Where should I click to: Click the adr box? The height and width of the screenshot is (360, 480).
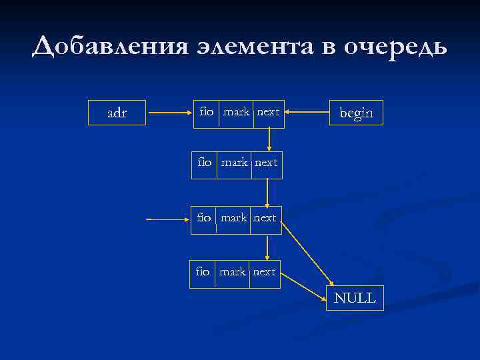pyautogui.click(x=117, y=113)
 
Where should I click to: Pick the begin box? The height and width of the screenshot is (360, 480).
pyautogui.click(x=357, y=113)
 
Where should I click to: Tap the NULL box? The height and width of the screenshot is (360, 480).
pyautogui.click(x=355, y=298)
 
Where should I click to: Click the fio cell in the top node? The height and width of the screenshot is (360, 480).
pyautogui.click(x=207, y=112)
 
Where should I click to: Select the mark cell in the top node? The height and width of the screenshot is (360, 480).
pyautogui.click(x=236, y=112)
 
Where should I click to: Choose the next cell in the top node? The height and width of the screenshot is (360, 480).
pyautogui.click(x=268, y=112)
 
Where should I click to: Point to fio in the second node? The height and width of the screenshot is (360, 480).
pyautogui.click(x=205, y=162)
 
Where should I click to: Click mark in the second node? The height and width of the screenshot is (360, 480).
pyautogui.click(x=234, y=162)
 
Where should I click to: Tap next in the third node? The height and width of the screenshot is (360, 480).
pyautogui.click(x=265, y=218)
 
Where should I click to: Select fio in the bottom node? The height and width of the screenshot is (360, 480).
pyautogui.click(x=203, y=271)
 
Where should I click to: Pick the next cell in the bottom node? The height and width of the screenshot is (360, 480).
pyautogui.click(x=264, y=271)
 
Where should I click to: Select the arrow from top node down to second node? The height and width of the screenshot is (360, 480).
pyautogui.click(x=269, y=139)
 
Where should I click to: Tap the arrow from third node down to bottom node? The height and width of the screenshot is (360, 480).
pyautogui.click(x=267, y=246)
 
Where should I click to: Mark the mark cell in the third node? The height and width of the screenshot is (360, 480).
pyautogui.click(x=234, y=218)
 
